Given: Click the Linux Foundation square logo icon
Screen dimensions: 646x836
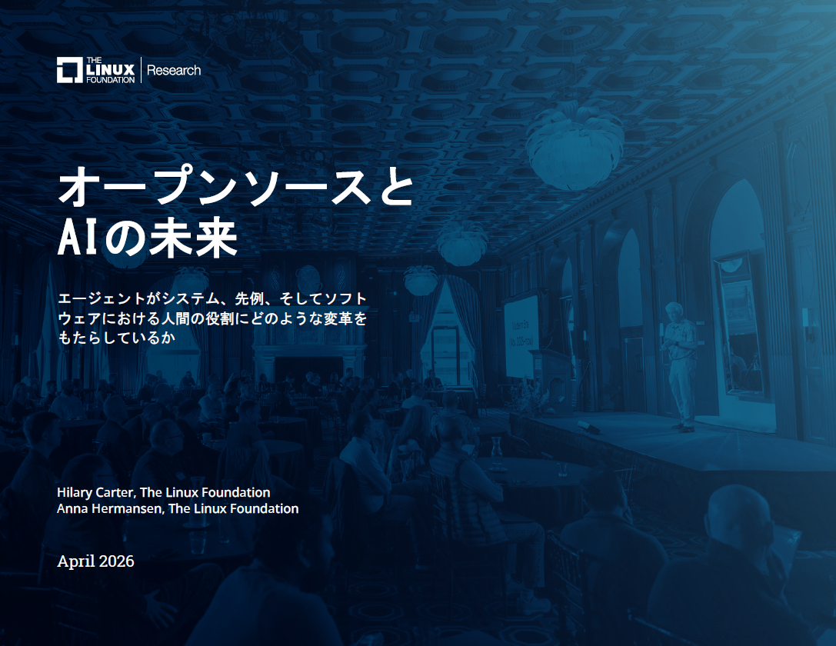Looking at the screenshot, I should pos(69,70).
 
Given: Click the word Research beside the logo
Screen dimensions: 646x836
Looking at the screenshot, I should pos(174,70).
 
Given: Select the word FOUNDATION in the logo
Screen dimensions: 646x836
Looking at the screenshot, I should pos(110,79).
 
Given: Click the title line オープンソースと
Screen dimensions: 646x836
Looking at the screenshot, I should pos(235,187).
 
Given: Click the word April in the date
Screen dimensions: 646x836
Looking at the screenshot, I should pos(76,561).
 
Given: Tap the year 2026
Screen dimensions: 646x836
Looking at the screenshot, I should pos(117,561).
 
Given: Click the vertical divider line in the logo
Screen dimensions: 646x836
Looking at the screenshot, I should pos(142,70).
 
